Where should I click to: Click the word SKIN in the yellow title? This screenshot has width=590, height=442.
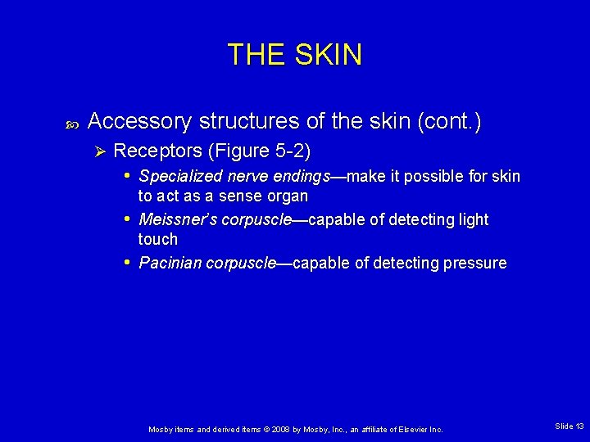(x=329, y=55)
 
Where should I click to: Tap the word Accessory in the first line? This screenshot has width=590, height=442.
(x=139, y=122)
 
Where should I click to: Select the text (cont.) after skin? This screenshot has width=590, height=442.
(x=450, y=122)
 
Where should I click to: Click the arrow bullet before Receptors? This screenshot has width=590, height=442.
(x=98, y=151)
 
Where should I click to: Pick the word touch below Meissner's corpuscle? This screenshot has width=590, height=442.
(x=158, y=239)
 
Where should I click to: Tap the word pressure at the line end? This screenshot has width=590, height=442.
(x=474, y=264)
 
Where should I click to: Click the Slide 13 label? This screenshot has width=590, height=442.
(x=569, y=426)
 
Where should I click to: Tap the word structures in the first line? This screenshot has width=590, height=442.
(x=238, y=122)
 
